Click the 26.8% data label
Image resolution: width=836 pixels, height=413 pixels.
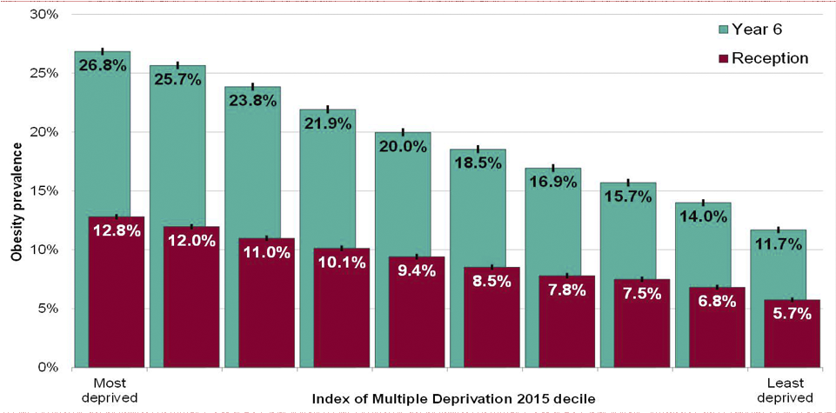click(102, 66)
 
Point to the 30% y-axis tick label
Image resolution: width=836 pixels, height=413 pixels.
click(43, 15)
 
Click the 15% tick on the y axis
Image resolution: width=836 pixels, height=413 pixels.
click(43, 191)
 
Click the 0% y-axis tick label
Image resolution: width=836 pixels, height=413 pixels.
click(46, 367)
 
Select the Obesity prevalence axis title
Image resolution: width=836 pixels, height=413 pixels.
click(16, 191)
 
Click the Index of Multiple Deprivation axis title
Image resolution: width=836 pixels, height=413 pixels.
click(452, 398)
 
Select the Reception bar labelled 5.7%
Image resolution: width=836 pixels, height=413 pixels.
click(792, 335)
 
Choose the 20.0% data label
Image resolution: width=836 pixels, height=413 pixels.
click(402, 146)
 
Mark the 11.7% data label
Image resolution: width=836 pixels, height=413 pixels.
click(778, 243)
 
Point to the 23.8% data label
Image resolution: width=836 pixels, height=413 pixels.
click(252, 101)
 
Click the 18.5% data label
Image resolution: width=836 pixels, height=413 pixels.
click(478, 163)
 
